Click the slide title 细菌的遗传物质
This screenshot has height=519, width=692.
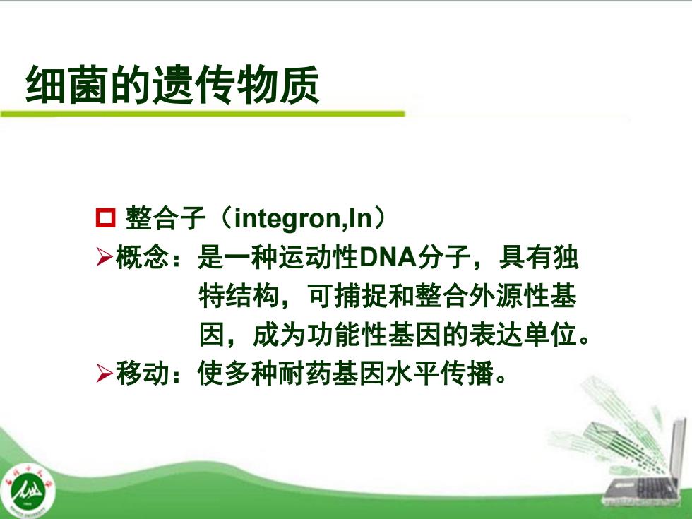tap(172, 85)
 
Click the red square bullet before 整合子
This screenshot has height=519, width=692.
tap(105, 218)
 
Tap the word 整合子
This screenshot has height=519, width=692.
tap(165, 218)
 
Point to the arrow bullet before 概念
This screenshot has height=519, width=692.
tap(105, 257)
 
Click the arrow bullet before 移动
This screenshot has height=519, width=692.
tap(105, 374)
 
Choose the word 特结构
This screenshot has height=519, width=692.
tap(239, 296)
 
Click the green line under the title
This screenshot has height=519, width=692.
tap(203, 114)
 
